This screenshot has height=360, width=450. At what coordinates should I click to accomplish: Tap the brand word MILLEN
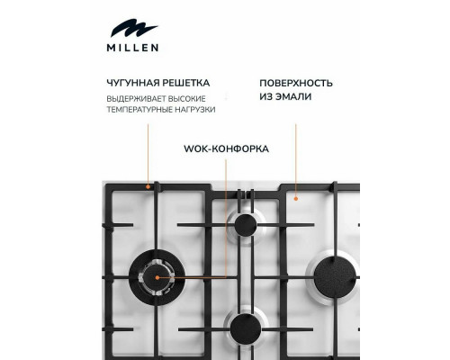pyautogui.click(x=131, y=48)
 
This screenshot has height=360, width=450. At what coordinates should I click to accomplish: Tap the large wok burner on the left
pyautogui.click(x=156, y=277)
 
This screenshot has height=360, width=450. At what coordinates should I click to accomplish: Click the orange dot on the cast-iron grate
pyautogui.click(x=148, y=186)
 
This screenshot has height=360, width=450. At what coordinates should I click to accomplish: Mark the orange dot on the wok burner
pyautogui.click(x=156, y=278)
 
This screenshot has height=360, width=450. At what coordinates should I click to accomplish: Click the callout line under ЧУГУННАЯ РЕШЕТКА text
pyautogui.click(x=148, y=153)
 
